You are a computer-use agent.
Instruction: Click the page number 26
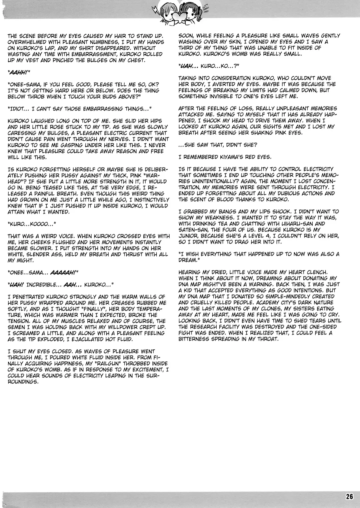tap(349, 496)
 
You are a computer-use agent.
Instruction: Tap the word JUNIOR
tap(188, 236)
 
